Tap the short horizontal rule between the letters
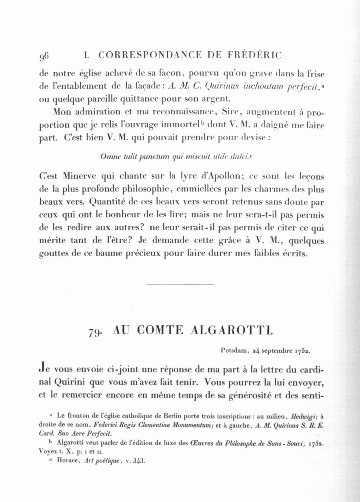point(180,284)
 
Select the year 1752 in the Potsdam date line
point(303,350)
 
